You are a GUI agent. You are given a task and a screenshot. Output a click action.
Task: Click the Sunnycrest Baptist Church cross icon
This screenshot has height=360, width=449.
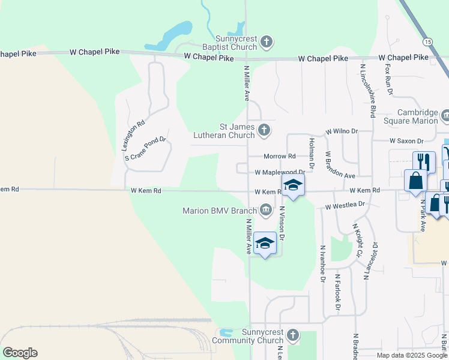pyautogui.click(x=267, y=42)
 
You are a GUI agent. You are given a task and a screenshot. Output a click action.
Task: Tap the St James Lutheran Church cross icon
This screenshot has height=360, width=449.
pyautogui.click(x=264, y=130)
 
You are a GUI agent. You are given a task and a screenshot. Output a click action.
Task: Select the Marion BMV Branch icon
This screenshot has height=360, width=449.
pyautogui.click(x=265, y=209)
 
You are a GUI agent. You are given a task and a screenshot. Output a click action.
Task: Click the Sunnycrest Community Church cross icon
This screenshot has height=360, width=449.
pyautogui.click(x=292, y=335)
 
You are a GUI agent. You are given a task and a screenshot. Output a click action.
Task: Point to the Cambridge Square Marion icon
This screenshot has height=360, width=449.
pyautogui.click(x=445, y=115)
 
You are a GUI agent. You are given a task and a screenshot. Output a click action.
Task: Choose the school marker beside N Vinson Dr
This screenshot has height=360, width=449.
pyautogui.click(x=265, y=243)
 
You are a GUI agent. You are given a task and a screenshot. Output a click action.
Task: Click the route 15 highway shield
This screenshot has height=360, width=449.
pyautogui.click(x=427, y=41)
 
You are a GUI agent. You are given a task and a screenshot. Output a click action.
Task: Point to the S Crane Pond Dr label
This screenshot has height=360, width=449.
pyautogui.click(x=145, y=148)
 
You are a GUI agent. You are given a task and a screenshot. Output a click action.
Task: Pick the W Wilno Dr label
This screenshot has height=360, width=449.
pyautogui.click(x=342, y=131)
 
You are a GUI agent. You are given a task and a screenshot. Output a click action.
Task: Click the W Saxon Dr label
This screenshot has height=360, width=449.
pyautogui.click(x=406, y=140)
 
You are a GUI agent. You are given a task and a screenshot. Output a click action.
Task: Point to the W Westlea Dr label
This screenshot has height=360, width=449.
pyautogui.click(x=345, y=206)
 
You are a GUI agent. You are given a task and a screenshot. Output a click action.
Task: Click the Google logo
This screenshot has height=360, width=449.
pyautogui.click(x=20, y=353)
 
